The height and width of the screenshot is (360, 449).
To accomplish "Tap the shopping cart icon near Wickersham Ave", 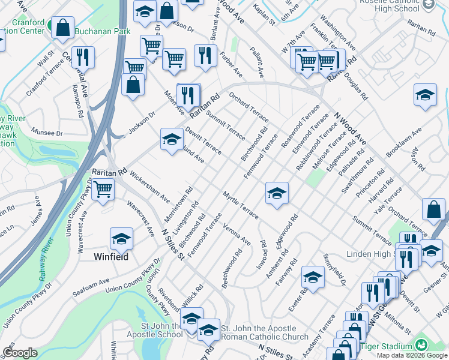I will click(x=103, y=190).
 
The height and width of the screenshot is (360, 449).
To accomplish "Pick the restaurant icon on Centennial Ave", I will click(x=83, y=57).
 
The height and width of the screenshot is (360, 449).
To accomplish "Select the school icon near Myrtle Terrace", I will click(x=277, y=193).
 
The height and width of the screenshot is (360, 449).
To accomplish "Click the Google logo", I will click(x=20, y=353).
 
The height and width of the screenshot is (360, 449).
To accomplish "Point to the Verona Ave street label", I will click(x=237, y=233).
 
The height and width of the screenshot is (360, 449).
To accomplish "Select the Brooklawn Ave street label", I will click(x=404, y=142).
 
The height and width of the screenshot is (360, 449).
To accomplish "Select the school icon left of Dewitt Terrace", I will click(x=172, y=140).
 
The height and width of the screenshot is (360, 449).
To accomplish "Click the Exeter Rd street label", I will click(x=297, y=298).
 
